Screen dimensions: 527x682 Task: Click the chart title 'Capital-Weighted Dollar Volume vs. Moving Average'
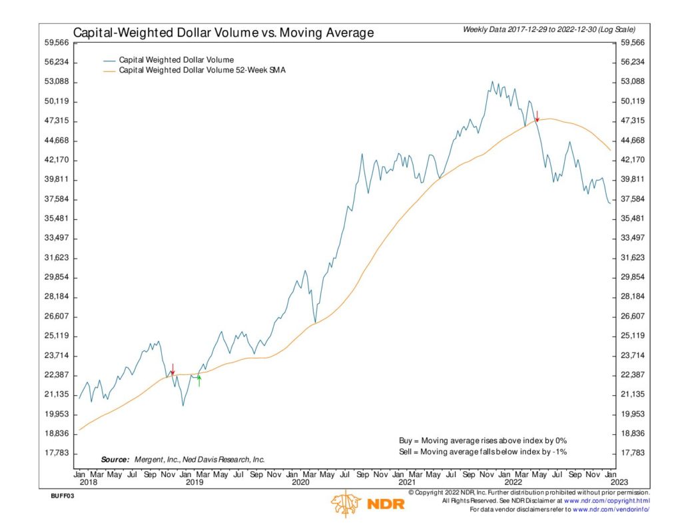(x=223, y=32)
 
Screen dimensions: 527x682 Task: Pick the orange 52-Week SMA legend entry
(x=202, y=70)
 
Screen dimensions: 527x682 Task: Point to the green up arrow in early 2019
(x=198, y=380)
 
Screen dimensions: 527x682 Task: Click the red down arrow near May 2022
(x=537, y=116)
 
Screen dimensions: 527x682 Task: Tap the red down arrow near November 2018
(x=172, y=369)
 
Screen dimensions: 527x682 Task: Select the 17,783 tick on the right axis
(x=633, y=453)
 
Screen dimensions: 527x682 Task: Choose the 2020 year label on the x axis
(x=300, y=482)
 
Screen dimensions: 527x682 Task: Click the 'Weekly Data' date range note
(x=548, y=30)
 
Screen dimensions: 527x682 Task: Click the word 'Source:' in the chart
(x=115, y=460)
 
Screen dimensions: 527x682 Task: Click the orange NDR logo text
(x=386, y=504)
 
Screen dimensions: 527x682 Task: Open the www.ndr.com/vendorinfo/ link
(x=611, y=510)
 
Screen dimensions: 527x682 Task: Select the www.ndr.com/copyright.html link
(x=607, y=501)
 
